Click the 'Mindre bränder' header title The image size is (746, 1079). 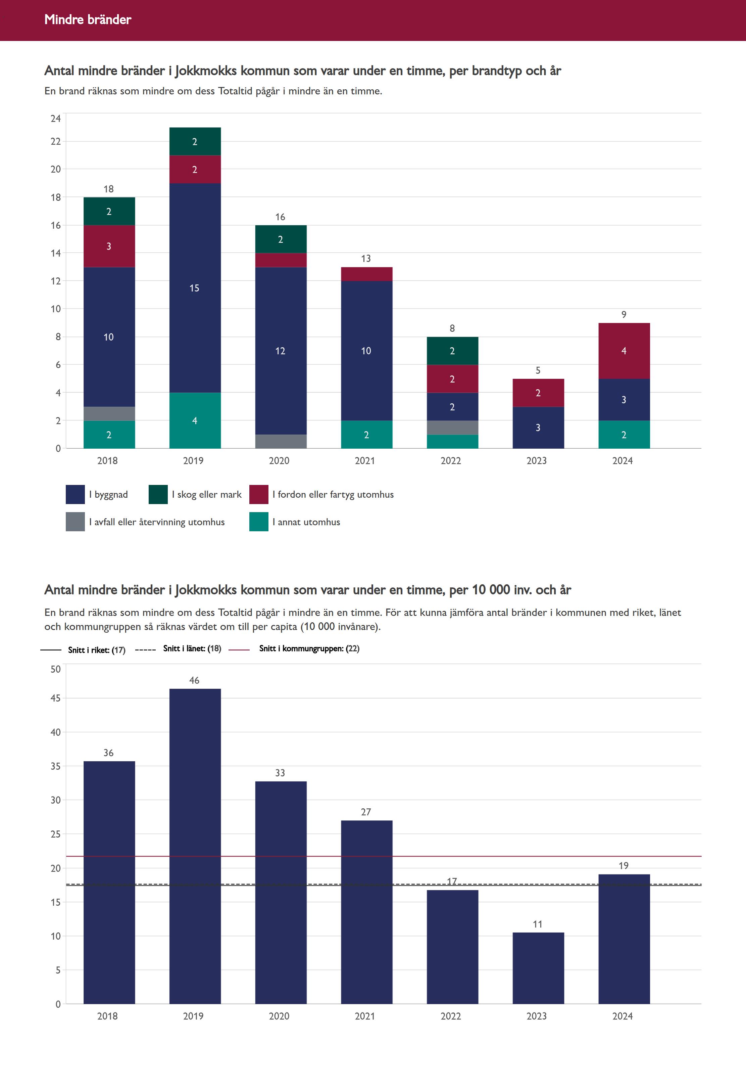pos(88,19)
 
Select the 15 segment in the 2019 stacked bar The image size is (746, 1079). pos(195,288)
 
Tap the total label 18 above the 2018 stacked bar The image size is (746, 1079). pos(108,189)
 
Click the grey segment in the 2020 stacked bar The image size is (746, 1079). pos(281,442)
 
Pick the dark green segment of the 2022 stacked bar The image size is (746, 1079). pos(452,351)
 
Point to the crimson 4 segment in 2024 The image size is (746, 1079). pos(624,351)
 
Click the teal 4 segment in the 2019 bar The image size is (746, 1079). pos(195,420)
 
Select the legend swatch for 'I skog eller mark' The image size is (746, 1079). pos(158,494)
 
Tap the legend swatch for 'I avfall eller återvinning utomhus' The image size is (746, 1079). pos(75,522)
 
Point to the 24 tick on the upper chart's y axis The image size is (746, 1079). pos(56,118)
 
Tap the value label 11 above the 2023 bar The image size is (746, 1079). pos(538,924)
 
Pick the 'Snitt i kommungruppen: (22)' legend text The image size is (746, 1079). pos(309,648)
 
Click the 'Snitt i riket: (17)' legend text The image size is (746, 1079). pos(96,649)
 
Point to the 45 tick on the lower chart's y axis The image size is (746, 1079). pos(56,698)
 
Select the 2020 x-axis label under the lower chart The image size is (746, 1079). pos(279,1016)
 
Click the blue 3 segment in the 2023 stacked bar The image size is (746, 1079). pos(538,428)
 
